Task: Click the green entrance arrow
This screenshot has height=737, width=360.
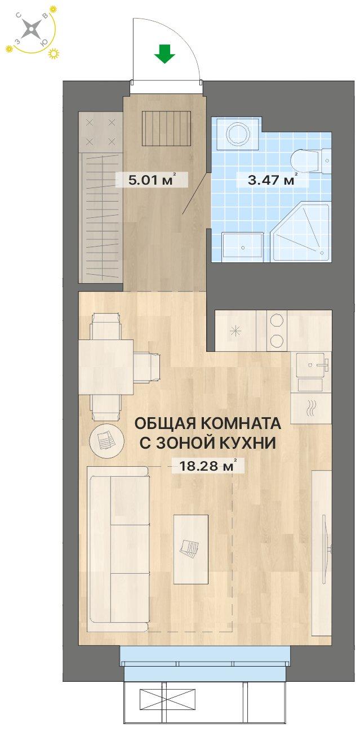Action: pyautogui.click(x=165, y=55)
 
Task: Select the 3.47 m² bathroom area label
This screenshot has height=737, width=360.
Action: pyautogui.click(x=273, y=180)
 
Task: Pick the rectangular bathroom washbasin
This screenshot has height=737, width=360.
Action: pyautogui.click(x=242, y=247)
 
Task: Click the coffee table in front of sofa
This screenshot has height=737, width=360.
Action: pyautogui.click(x=190, y=549)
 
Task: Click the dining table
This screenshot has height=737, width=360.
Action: pyautogui.click(x=106, y=367)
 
